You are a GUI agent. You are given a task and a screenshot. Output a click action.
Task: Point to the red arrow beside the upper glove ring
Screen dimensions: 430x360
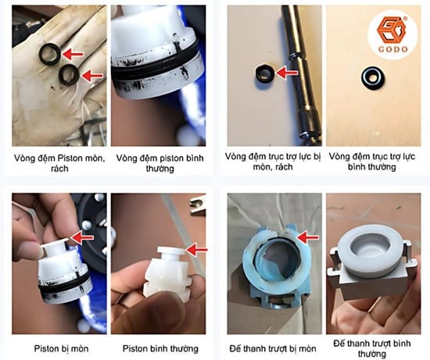[73, 54]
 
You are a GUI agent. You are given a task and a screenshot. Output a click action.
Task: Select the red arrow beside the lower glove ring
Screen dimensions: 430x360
[92, 76]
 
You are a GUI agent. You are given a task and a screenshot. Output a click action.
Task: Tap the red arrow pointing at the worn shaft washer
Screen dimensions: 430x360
[287, 73]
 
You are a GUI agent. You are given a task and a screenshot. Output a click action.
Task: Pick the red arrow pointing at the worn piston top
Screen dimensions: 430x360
[81, 237]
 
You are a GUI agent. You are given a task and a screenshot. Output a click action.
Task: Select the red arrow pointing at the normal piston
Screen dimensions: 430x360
[195, 250]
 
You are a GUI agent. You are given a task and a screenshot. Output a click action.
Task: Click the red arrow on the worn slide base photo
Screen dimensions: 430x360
[307, 237]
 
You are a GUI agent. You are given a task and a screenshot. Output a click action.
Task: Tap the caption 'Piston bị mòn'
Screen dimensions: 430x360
[61, 349]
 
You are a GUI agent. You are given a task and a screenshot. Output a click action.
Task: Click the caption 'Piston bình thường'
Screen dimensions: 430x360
[160, 349]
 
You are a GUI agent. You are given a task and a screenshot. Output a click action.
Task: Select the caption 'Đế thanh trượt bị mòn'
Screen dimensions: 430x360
[273, 349]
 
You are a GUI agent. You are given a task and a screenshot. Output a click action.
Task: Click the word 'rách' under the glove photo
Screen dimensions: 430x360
[59, 168]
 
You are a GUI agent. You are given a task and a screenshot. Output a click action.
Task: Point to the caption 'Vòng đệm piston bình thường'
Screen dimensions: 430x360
[159, 163]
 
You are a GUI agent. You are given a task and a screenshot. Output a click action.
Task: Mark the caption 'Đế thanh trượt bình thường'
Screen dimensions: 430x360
[371, 348]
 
